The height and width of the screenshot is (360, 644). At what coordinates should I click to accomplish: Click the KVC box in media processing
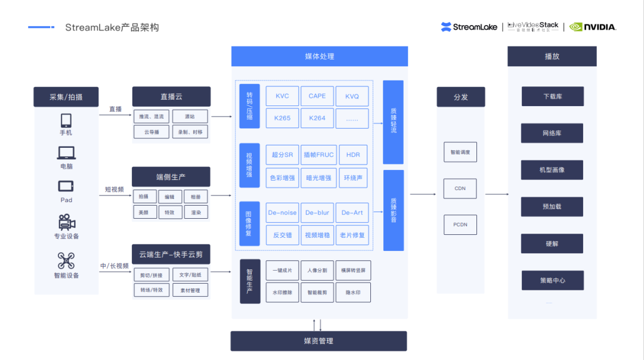click(282, 96)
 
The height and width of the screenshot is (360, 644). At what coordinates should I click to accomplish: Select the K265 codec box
click(282, 118)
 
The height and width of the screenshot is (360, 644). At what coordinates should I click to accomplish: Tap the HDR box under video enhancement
click(352, 155)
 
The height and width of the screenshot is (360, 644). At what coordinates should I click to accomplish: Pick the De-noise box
click(282, 213)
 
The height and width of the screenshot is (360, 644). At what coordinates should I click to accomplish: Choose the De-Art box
click(352, 213)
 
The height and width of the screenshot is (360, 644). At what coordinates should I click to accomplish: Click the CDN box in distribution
click(460, 188)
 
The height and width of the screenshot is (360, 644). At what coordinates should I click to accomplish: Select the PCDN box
click(460, 225)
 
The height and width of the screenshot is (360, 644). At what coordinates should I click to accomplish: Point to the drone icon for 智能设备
click(66, 260)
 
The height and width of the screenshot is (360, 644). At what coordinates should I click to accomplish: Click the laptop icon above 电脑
click(66, 153)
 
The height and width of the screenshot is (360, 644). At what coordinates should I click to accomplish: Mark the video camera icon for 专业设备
click(66, 222)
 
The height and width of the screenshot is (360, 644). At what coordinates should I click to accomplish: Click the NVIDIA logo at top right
click(592, 27)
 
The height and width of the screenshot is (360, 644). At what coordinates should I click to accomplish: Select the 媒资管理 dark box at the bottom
click(318, 341)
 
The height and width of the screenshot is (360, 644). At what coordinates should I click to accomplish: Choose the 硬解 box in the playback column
click(552, 244)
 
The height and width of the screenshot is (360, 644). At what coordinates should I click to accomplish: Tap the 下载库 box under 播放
click(552, 97)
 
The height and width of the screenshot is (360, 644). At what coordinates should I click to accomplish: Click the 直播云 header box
click(171, 97)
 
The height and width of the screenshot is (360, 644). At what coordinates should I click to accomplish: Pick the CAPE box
click(317, 96)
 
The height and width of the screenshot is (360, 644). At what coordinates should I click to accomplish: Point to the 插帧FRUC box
click(317, 155)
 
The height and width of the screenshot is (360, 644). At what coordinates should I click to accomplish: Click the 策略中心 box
click(552, 280)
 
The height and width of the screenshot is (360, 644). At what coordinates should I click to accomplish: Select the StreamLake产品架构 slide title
click(112, 27)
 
